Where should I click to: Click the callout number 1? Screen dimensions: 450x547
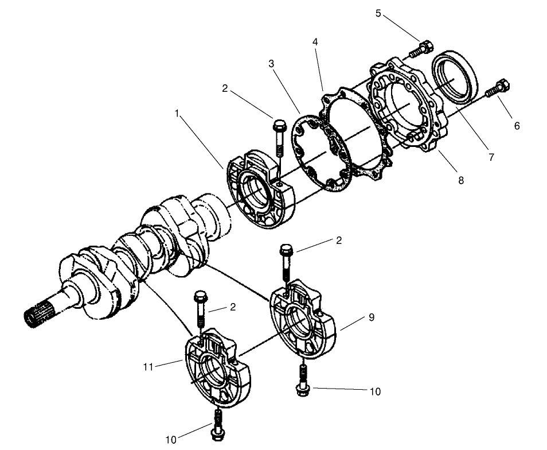(177, 114)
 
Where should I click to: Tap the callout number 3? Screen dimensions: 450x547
(271, 64)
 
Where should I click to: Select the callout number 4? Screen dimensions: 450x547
(315, 42)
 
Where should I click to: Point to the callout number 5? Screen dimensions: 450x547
(378, 13)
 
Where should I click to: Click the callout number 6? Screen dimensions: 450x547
(517, 126)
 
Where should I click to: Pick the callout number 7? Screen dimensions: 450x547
(491, 157)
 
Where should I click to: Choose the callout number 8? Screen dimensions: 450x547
(460, 180)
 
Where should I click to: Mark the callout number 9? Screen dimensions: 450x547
(372, 317)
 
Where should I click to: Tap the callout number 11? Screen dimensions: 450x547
(149, 366)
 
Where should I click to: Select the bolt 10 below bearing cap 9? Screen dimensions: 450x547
(301, 380)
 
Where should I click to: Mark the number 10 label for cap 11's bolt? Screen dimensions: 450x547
(171, 440)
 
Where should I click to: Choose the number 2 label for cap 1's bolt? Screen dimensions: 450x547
(225, 88)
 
